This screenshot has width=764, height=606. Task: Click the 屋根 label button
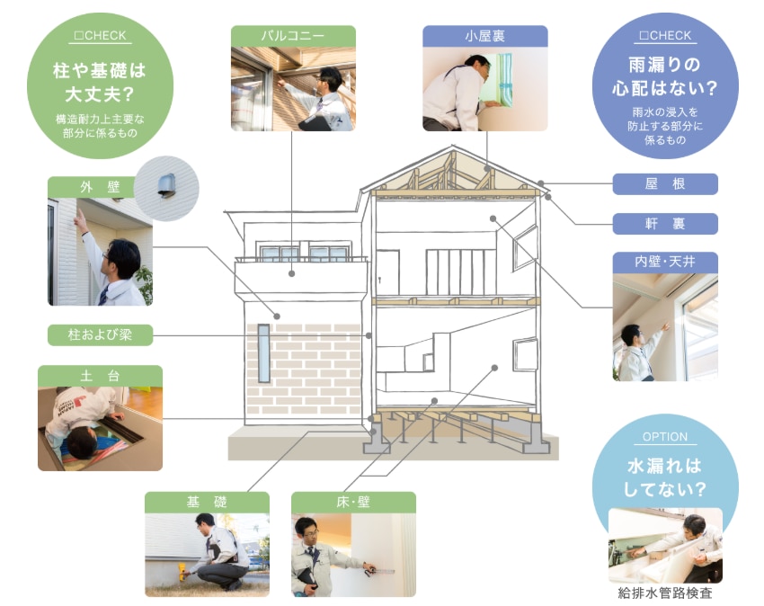[x=665, y=184]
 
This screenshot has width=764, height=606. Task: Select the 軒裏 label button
[x=665, y=224]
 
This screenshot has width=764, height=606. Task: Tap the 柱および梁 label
[x=100, y=335]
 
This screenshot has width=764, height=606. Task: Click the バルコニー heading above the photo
[x=293, y=36]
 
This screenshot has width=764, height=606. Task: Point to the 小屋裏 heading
[x=484, y=36]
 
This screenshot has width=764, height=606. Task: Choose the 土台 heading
[x=100, y=376]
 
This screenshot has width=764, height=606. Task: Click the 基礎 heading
[x=207, y=503]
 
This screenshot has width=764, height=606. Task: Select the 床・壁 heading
[x=353, y=503]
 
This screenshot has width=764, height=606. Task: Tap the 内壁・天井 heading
[x=665, y=263]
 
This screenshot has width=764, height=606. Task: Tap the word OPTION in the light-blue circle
[x=665, y=437]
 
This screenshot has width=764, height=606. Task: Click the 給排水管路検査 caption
[x=665, y=593]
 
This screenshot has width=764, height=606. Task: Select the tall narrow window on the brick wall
[x=263, y=353]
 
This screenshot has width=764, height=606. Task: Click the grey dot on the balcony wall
[x=291, y=273]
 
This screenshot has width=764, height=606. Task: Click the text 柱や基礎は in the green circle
[x=100, y=71]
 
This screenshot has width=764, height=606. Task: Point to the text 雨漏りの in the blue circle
[x=664, y=65]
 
